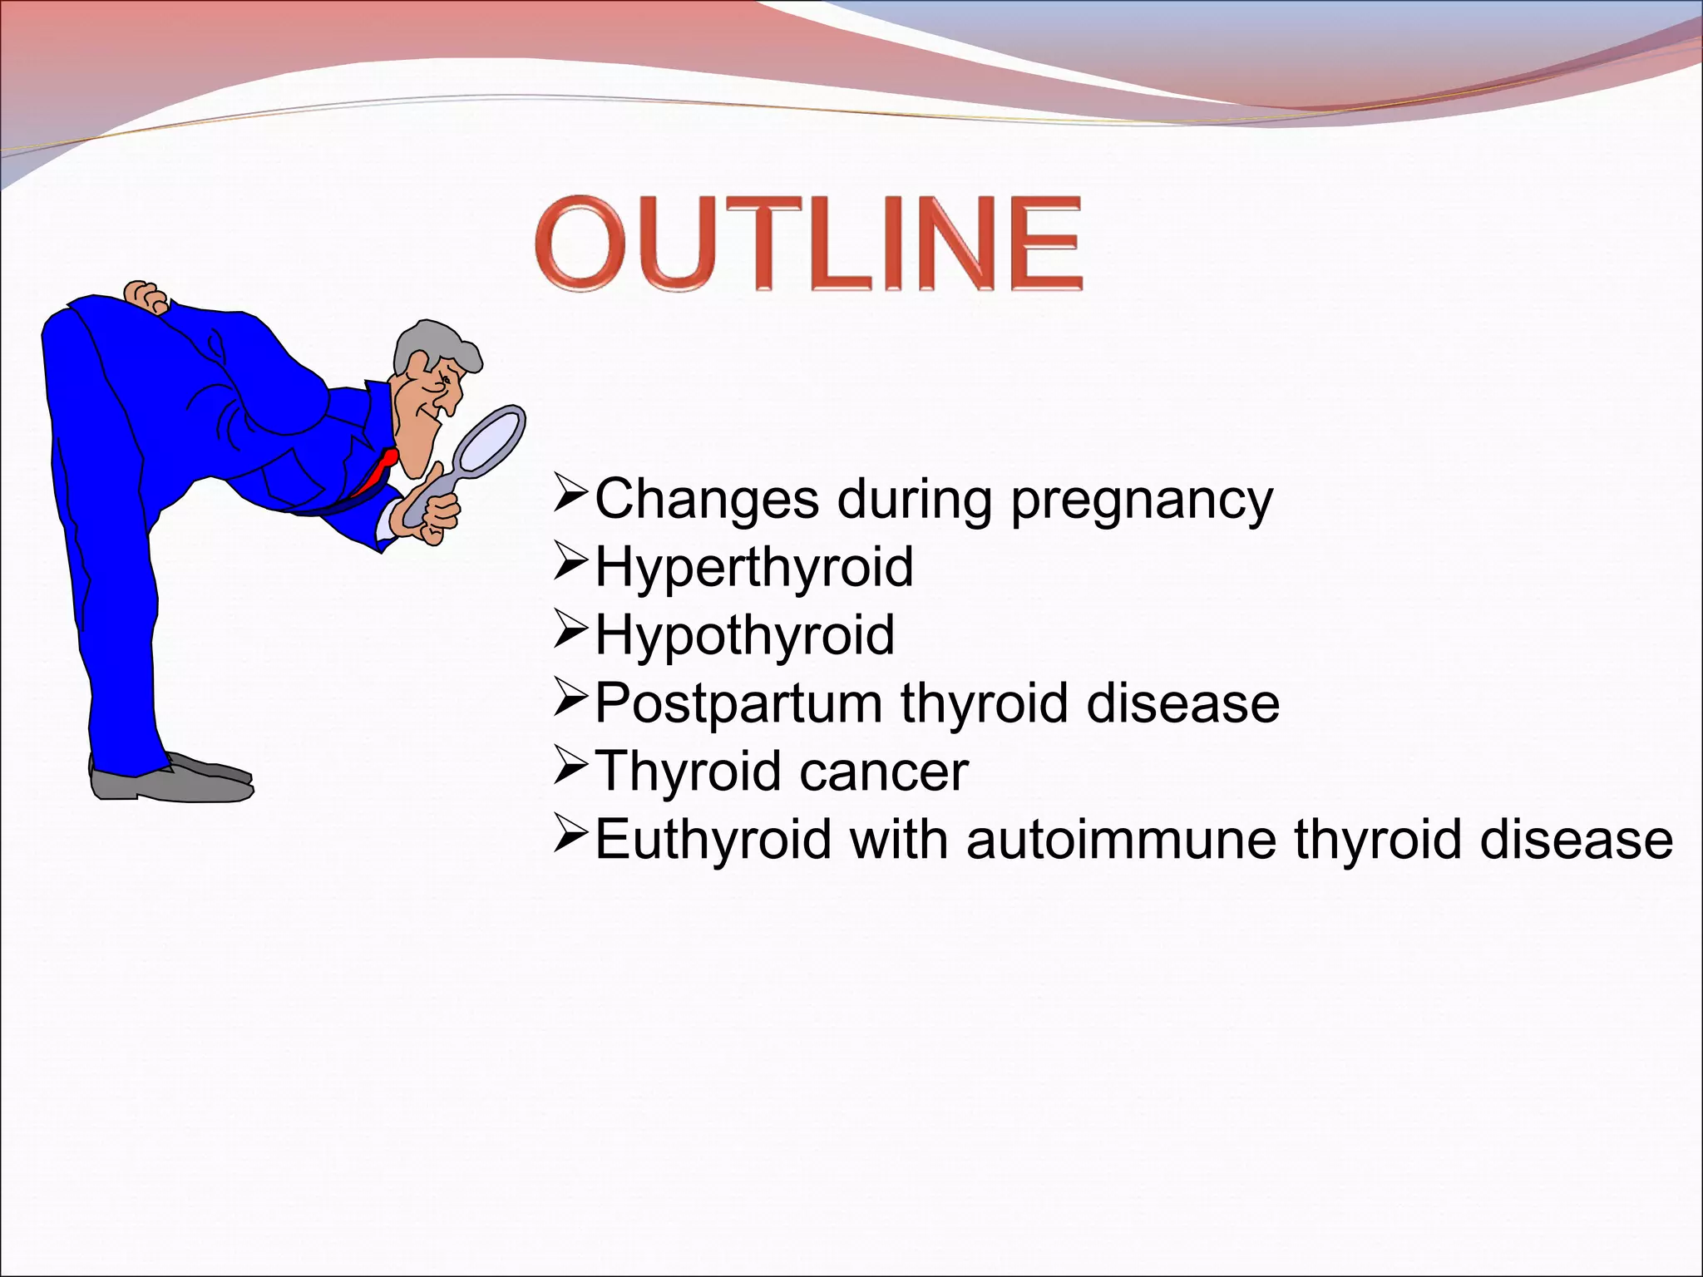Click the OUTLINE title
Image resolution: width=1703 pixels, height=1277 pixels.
(808, 243)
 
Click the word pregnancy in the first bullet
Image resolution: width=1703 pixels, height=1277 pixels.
(1141, 501)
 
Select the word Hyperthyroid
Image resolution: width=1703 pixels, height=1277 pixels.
(753, 569)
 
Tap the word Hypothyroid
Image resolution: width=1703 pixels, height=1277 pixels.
(744, 637)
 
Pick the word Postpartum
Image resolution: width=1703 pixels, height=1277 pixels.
(738, 705)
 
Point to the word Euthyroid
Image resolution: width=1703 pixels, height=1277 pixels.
(713, 840)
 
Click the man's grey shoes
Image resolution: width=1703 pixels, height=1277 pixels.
(170, 781)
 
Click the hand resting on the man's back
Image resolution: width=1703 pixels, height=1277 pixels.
(147, 297)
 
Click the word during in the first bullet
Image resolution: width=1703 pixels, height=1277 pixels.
(914, 501)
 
